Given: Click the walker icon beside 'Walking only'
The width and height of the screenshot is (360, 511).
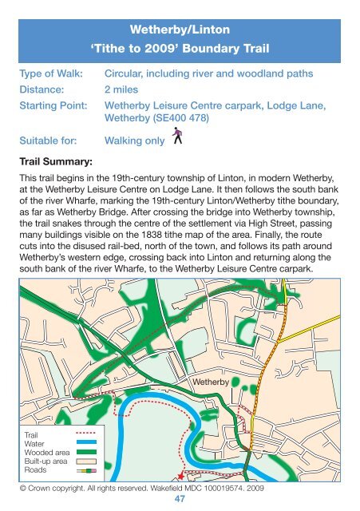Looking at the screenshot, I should coord(177,138).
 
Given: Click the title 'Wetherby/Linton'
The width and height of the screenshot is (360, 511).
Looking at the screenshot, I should coord(180,30).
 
